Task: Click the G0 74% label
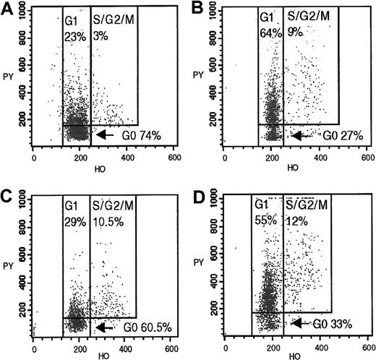[x=139, y=134]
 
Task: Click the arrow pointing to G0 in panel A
[x=106, y=134]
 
